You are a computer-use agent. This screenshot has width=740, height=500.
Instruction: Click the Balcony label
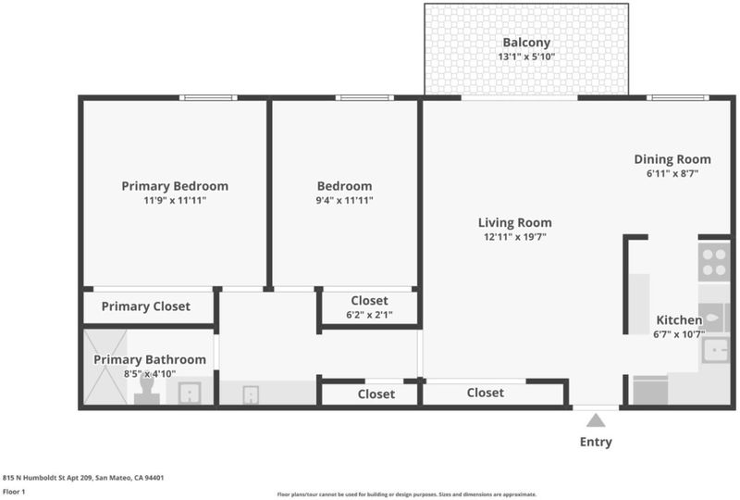526,43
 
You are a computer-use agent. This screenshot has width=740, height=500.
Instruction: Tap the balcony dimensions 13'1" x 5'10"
526,56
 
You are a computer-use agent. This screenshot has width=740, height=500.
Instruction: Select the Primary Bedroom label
175,186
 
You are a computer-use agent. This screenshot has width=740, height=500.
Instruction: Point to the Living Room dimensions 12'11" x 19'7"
515,237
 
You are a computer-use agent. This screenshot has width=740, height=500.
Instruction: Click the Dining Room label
672,159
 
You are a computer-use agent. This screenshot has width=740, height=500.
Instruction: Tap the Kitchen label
679,320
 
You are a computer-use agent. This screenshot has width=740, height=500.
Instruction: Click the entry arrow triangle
596,420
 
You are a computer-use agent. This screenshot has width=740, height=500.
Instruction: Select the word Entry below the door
596,442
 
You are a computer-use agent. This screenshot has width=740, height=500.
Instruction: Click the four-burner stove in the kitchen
714,262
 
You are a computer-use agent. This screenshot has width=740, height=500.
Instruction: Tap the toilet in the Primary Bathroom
147,391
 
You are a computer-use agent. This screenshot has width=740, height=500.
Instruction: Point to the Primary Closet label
146,306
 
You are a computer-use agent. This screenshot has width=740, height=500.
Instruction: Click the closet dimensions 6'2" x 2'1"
369,315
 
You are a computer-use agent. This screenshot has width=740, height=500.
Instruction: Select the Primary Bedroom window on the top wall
208,98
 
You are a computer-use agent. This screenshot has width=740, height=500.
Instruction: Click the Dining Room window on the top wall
677,98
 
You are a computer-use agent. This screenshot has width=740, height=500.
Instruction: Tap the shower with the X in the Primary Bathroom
105,368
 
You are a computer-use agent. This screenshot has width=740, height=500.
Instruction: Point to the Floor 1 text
14,492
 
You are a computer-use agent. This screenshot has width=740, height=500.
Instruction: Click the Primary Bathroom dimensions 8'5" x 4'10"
150,374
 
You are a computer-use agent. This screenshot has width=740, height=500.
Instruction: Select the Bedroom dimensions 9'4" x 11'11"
344,200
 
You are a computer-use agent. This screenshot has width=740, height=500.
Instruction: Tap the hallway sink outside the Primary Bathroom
251,394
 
